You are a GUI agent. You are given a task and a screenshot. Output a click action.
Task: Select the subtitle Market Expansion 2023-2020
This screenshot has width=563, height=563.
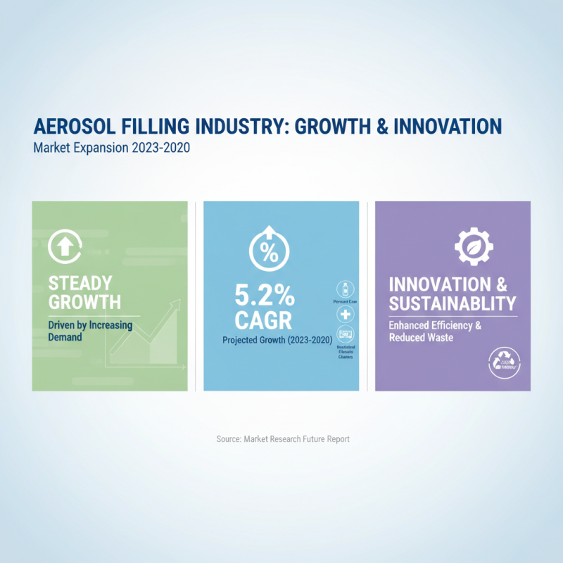coord(112,149)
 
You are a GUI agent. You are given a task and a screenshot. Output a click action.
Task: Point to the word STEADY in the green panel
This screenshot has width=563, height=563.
coord(80,284)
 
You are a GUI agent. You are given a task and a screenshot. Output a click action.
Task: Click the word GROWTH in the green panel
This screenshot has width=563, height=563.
coord(84,303)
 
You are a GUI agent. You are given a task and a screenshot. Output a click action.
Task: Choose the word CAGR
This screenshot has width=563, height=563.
coord(262,321)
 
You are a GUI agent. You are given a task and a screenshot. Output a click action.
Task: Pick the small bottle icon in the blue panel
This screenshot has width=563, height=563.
coord(346,289)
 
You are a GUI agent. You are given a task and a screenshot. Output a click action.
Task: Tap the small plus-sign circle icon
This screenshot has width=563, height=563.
coord(346,315)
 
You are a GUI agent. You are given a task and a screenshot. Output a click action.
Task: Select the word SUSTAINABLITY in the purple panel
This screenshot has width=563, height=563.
coord(453,304)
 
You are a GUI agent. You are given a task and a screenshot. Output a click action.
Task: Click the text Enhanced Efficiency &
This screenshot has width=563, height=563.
coord(436,326)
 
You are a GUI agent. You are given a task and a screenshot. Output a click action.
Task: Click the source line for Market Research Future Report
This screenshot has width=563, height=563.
coord(283,438)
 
